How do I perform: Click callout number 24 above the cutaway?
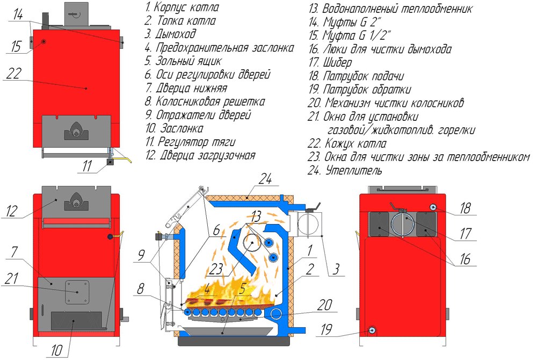pos(264,181)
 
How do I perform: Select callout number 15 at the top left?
pos(15,47)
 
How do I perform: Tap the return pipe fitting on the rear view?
pos(371,330)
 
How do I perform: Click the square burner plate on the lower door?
pos(76,291)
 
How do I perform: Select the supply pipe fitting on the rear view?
pos(433,208)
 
